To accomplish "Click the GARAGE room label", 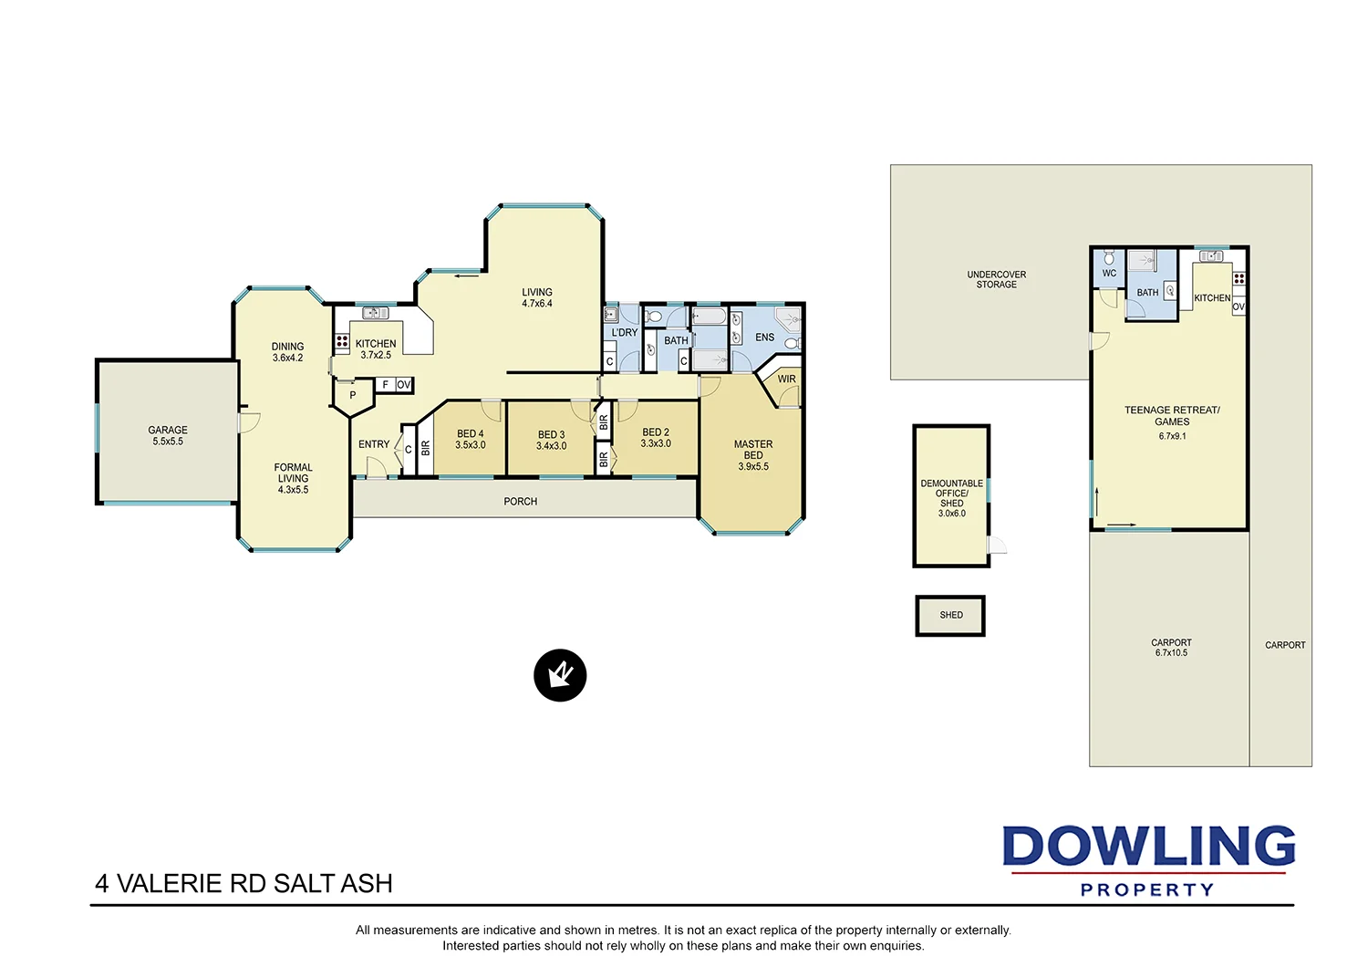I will (168, 430).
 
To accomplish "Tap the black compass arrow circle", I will (560, 676).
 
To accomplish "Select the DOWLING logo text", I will (1148, 847).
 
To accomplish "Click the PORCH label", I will (520, 502).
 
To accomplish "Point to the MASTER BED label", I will (753, 450).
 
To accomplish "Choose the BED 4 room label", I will (471, 434).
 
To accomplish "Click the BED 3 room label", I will (551, 435).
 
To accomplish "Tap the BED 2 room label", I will (656, 432).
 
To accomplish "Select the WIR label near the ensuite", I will (786, 380).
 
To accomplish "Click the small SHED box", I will (950, 616).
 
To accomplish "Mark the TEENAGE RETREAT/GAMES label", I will (1172, 416).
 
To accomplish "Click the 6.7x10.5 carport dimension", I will (1171, 653).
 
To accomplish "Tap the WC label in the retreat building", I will (1109, 274).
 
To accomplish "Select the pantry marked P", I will (353, 396).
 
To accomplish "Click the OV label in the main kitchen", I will (403, 385).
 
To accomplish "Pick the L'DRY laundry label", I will (625, 333).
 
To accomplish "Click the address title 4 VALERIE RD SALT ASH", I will (244, 884).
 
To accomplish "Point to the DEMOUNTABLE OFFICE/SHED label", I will (951, 494).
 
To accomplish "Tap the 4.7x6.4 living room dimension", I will (536, 304).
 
